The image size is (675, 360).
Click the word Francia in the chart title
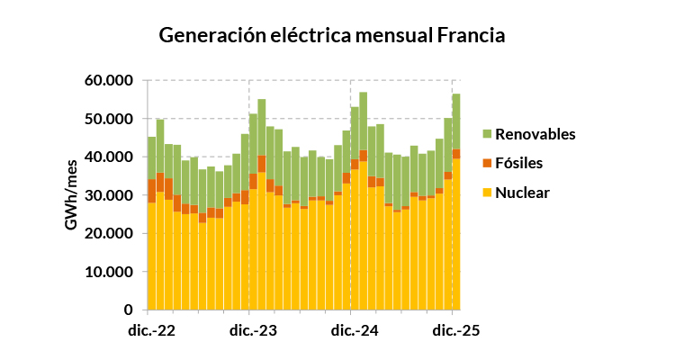pos(471,36)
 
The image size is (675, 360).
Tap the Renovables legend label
pos(535,134)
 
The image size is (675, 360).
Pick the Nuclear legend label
pos(522,193)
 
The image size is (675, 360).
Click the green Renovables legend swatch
pos(487,134)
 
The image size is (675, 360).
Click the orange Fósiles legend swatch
pos(487,163)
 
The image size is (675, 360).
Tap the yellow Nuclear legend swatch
pos(487,193)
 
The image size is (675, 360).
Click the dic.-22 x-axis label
pos(151,330)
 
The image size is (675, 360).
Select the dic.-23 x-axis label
pos(252,330)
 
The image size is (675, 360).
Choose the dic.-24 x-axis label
pos(354,330)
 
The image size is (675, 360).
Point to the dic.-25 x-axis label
pos(455,330)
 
